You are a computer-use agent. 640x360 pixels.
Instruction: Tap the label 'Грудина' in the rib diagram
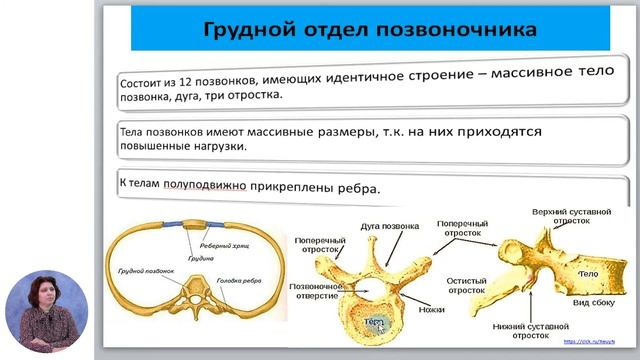tap(201, 258)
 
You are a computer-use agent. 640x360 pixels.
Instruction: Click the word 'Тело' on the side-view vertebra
tap(589, 272)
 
